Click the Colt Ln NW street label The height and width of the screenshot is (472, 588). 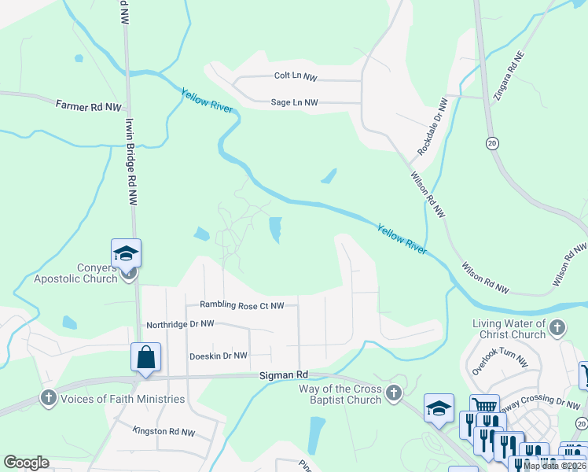tap(295, 77)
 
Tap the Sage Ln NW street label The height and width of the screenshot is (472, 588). tap(294, 102)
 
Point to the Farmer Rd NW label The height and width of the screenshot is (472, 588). tap(88, 105)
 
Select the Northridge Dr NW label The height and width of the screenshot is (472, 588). tap(180, 324)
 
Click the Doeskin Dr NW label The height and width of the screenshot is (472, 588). tap(219, 356)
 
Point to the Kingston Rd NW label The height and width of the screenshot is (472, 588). tap(164, 432)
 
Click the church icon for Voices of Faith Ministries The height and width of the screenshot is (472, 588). tap(48, 398)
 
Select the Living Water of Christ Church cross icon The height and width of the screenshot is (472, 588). tap(557, 327)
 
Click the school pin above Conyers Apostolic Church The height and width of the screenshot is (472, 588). tap(126, 253)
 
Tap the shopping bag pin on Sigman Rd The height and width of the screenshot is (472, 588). tap(146, 357)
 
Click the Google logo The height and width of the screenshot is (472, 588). tap(26, 463)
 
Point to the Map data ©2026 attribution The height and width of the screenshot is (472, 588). tap(554, 466)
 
